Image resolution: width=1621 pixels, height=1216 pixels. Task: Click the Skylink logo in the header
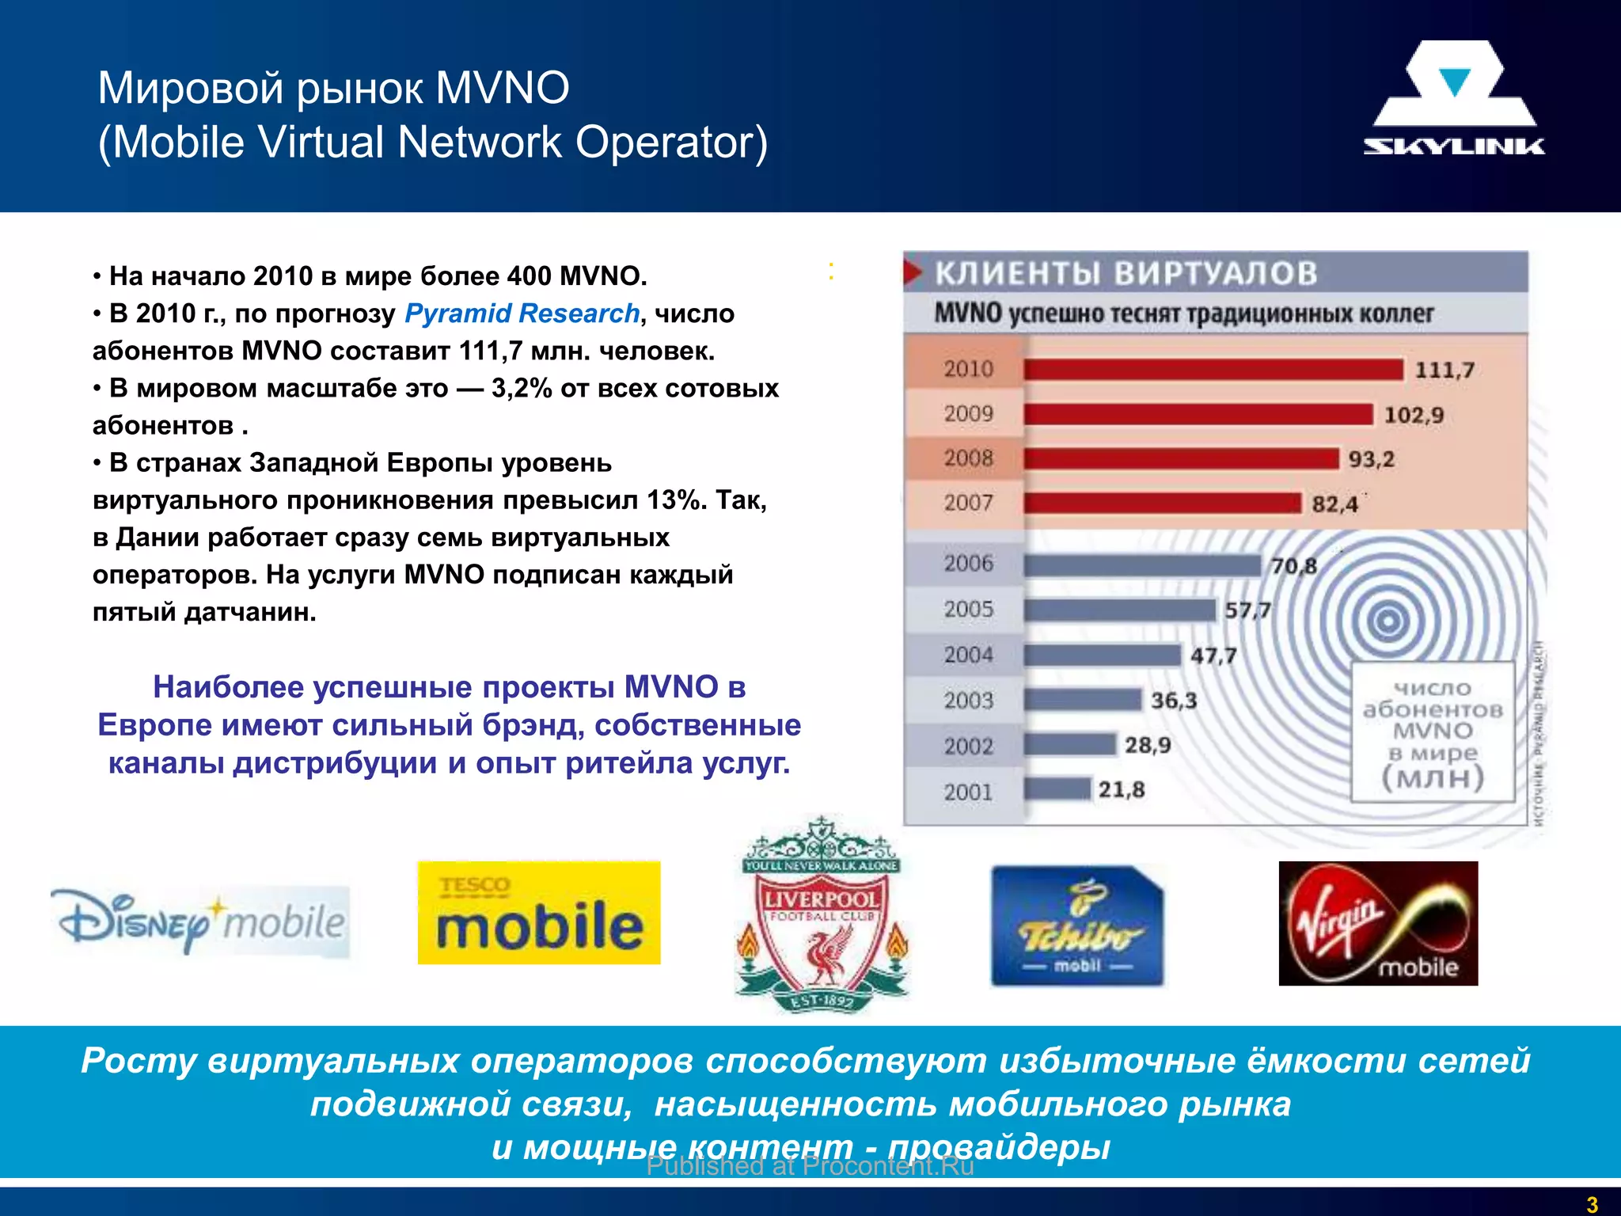(x=1453, y=99)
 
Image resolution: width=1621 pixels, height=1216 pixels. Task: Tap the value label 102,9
(x=1414, y=415)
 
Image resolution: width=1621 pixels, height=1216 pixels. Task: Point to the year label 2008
(x=968, y=458)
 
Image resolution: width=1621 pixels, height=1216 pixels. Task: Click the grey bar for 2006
(x=1141, y=565)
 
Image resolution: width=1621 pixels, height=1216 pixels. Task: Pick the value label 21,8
(x=1121, y=789)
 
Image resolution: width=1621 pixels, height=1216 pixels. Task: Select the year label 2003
(x=968, y=700)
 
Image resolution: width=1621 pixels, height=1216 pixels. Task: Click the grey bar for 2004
(x=1102, y=655)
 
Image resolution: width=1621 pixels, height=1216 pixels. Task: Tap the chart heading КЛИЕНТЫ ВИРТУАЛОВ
(x=1126, y=273)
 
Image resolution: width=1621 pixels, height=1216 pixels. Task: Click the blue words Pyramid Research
(x=522, y=313)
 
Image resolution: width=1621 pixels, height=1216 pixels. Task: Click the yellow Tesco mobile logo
(x=539, y=913)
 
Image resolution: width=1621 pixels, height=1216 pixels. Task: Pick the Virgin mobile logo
(x=1378, y=923)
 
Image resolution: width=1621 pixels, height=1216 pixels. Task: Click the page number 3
(x=1592, y=1204)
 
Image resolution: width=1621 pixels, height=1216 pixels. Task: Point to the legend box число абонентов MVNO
(x=1433, y=732)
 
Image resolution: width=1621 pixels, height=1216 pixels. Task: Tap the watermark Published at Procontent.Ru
(x=810, y=1166)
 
